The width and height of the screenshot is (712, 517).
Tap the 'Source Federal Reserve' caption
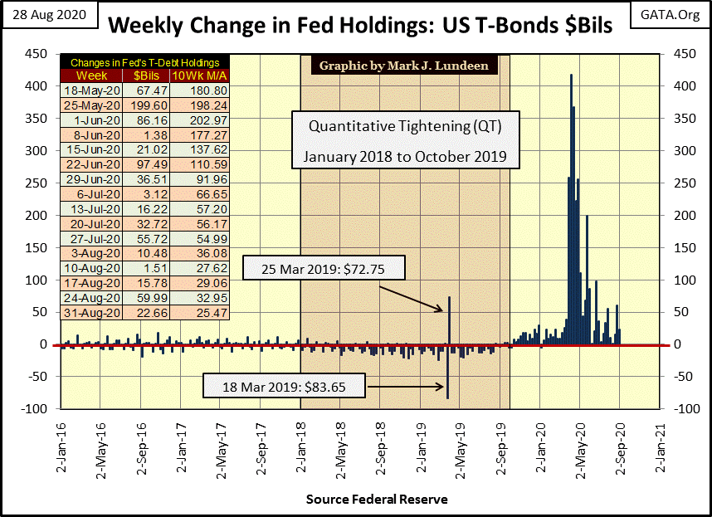click(x=377, y=500)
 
